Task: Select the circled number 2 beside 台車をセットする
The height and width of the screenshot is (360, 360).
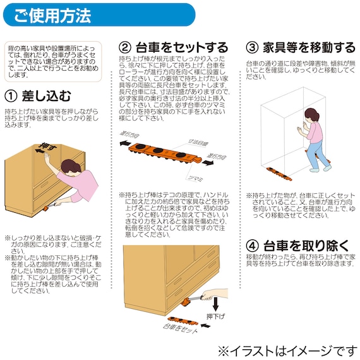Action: [x=125, y=47]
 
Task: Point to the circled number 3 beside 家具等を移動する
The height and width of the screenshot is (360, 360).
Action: [x=252, y=47]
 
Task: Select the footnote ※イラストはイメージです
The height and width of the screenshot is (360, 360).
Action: [x=286, y=349]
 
